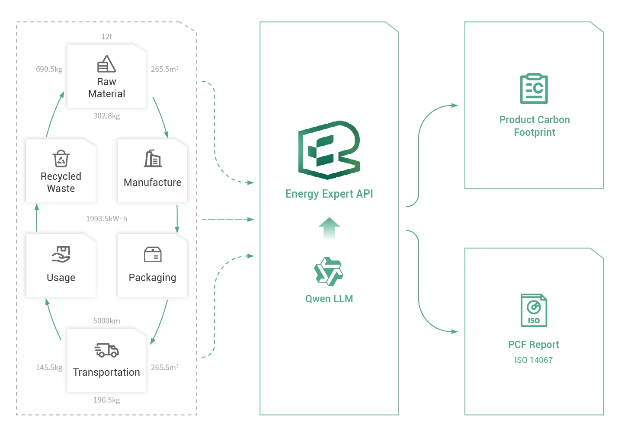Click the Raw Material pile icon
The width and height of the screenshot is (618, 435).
pos(106,64)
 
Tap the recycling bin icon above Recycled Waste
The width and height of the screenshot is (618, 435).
pos(61,159)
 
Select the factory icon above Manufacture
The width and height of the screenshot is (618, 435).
pos(153,159)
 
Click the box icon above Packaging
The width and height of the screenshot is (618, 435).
pos(153,255)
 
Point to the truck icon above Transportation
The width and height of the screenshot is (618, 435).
pos(106,350)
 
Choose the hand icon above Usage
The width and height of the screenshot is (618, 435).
pos(61,254)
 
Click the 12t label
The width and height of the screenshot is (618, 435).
pos(107,37)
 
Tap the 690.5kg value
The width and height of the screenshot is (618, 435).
pos(49,69)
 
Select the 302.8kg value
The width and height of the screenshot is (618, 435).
pos(107,116)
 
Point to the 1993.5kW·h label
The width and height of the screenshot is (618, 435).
pos(107,219)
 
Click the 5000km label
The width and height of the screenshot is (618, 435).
pos(107,321)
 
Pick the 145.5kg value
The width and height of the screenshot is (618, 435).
pos(49,368)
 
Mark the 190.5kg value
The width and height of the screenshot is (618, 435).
pos(107,400)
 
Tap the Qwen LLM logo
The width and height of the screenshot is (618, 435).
pos(329,272)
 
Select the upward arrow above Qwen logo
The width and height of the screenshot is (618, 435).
pos(329,228)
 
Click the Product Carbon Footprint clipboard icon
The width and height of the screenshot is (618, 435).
pos(534,89)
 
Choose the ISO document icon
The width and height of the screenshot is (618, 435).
pos(534,310)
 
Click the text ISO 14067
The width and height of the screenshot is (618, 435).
pos(534,360)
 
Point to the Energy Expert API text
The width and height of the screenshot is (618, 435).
pos(329,194)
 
